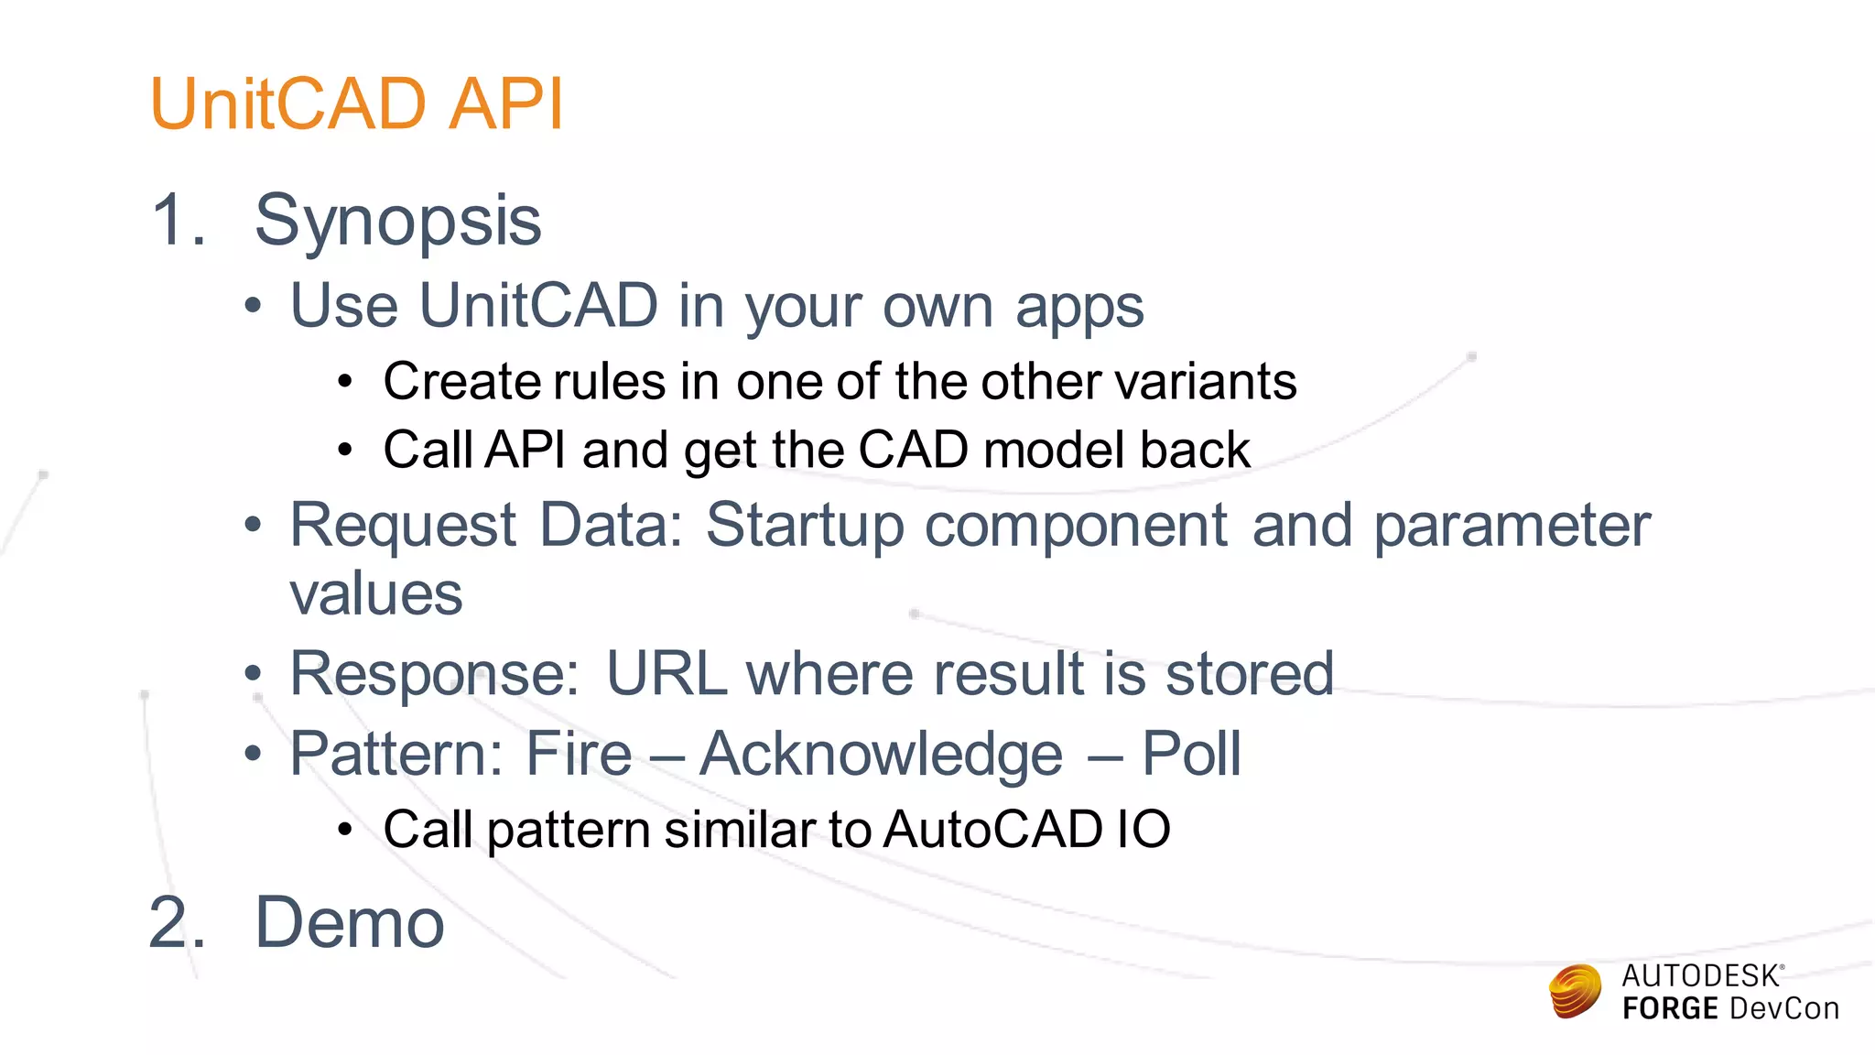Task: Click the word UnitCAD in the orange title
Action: (x=287, y=103)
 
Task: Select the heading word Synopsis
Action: (x=397, y=222)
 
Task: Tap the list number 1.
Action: (x=177, y=220)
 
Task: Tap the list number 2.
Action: (x=177, y=922)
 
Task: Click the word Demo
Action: (x=349, y=922)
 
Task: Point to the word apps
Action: (x=1079, y=308)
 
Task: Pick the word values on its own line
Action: (x=376, y=594)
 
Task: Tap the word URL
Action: (x=667, y=674)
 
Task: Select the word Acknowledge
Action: (x=881, y=755)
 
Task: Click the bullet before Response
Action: (x=254, y=676)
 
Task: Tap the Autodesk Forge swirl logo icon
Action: (x=1575, y=992)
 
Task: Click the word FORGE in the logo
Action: (x=1670, y=1009)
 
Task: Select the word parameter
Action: (x=1512, y=527)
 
